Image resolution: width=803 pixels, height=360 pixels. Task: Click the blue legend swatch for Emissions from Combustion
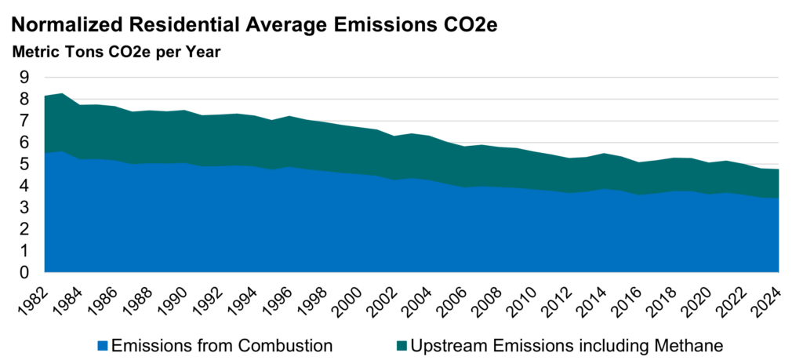[x=101, y=344]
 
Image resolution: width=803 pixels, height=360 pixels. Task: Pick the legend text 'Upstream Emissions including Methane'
[x=561, y=344]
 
